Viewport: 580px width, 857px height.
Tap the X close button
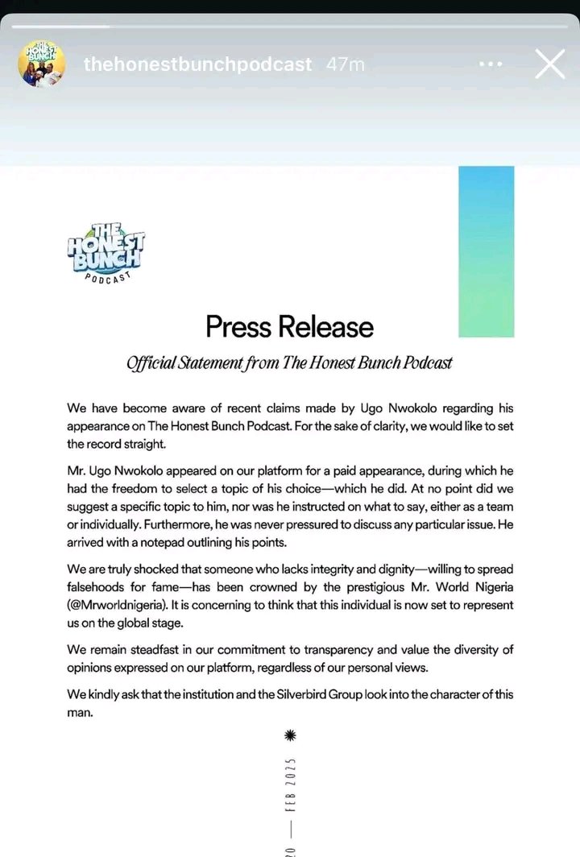pyautogui.click(x=549, y=65)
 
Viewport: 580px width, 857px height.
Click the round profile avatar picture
pyautogui.click(x=40, y=65)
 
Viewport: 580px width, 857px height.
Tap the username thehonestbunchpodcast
pyautogui.click(x=197, y=65)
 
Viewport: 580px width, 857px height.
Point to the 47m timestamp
pyautogui.click(x=347, y=65)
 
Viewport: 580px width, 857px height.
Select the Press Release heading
pyautogui.click(x=289, y=327)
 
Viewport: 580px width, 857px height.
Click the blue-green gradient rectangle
pyautogui.click(x=486, y=251)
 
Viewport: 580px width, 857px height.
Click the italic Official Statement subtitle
pyautogui.click(x=289, y=362)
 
